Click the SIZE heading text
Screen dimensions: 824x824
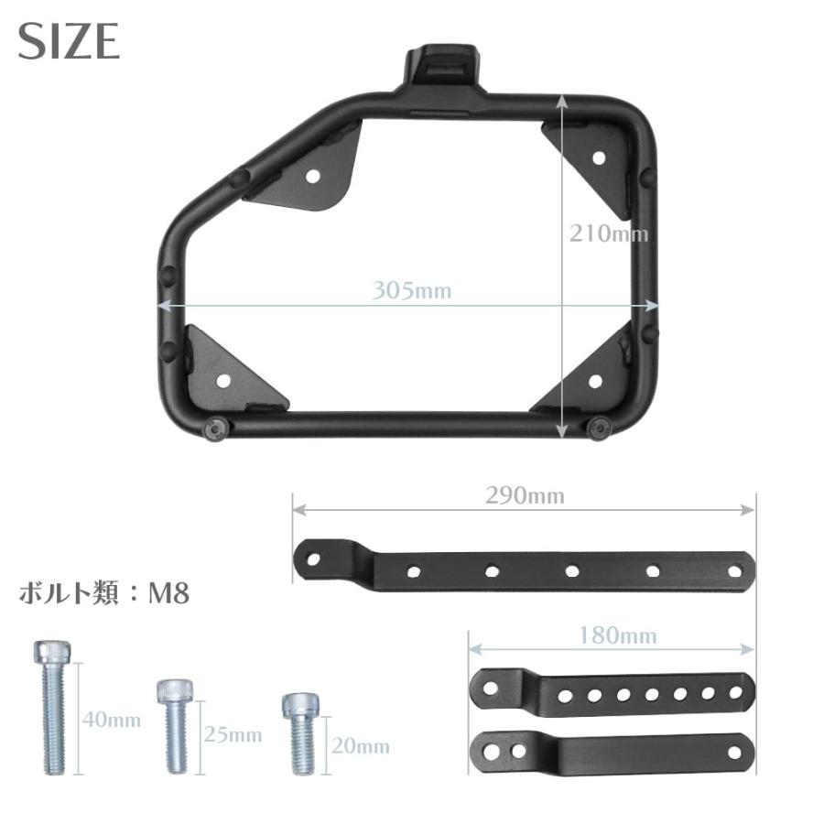tap(69, 40)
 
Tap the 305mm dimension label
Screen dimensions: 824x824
tap(411, 291)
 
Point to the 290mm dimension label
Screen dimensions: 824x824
tap(525, 496)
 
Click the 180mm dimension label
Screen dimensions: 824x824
tap(613, 634)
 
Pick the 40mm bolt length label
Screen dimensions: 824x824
tap(112, 720)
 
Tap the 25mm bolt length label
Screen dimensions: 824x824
tap(233, 734)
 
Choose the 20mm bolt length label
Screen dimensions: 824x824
tap(360, 746)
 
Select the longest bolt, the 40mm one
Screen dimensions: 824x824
tap(51, 705)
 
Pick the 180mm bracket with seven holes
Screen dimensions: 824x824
tap(611, 692)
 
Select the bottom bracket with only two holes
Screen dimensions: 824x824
tap(611, 752)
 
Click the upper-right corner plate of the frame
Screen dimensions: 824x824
tap(591, 160)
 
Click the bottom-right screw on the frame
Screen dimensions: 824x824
tap(601, 427)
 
